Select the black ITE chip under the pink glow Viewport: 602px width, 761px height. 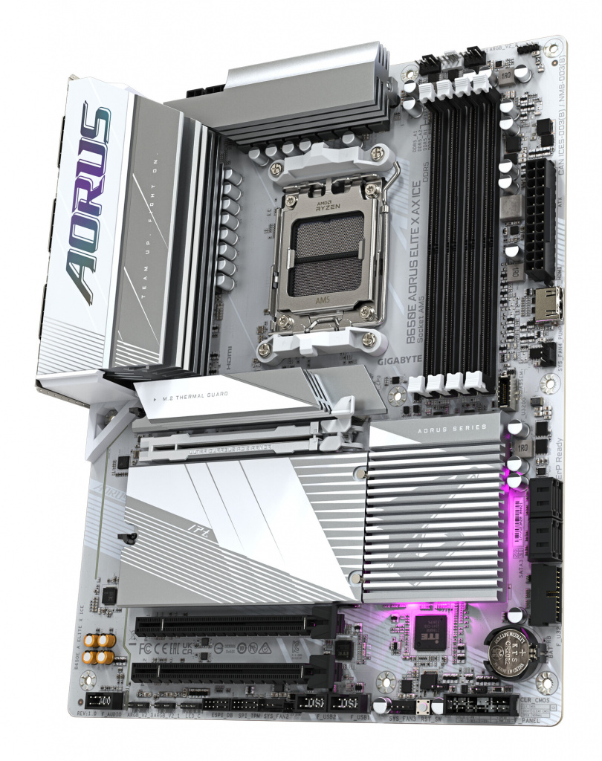tap(430, 632)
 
